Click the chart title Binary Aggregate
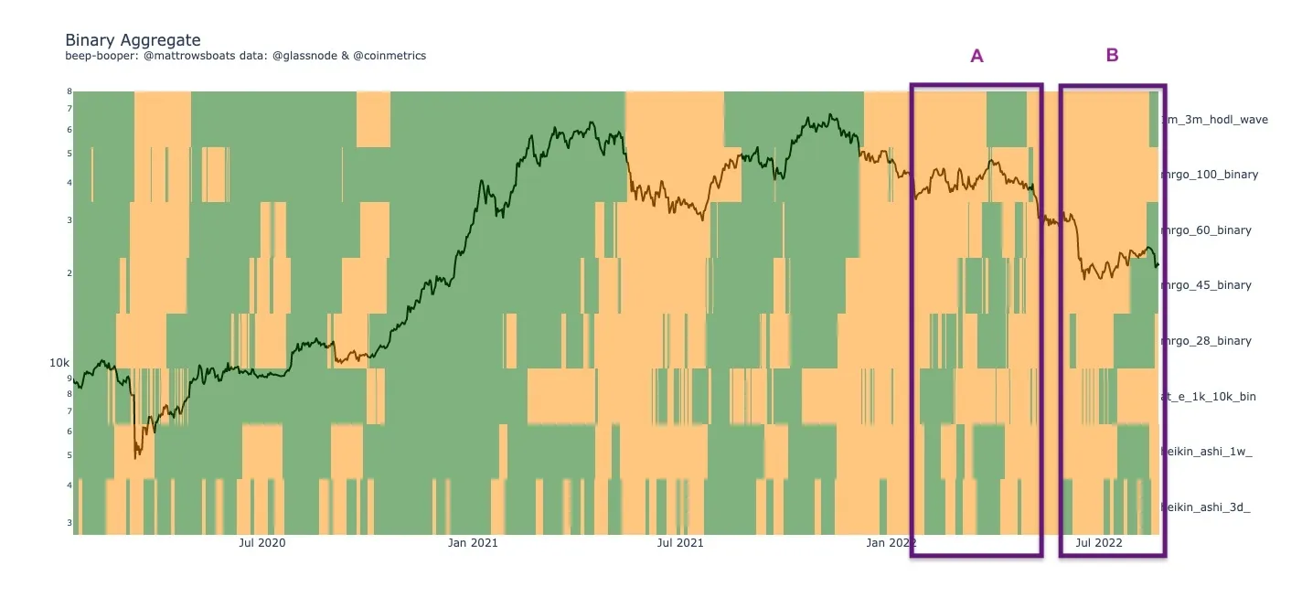point(133,40)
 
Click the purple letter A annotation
point(976,56)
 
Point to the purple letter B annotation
point(1112,55)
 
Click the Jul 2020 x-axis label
point(261,543)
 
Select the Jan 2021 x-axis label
point(473,543)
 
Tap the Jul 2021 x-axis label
point(680,543)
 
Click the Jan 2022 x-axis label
point(891,543)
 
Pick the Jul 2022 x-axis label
point(1099,543)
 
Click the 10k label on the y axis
point(59,363)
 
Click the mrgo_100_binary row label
point(1210,175)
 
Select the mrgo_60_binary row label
point(1206,230)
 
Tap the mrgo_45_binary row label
point(1206,285)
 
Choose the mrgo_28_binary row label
point(1206,341)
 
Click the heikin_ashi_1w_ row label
point(1206,452)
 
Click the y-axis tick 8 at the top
point(69,91)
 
